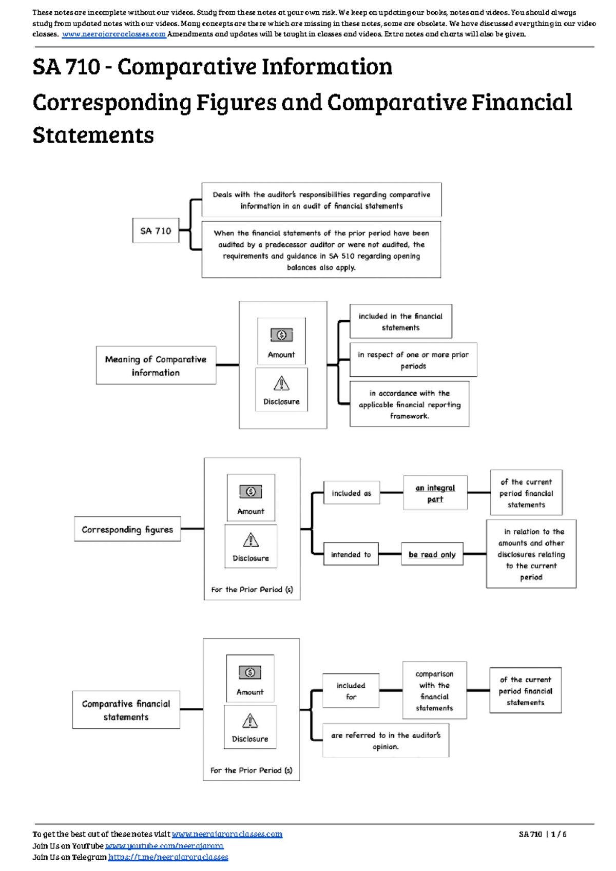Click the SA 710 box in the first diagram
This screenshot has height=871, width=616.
[x=156, y=230]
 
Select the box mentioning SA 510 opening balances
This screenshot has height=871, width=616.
[x=321, y=250]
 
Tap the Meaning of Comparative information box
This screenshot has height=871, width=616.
[x=156, y=365]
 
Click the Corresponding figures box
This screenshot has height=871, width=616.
[x=127, y=529]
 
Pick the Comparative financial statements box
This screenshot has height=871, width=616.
[x=126, y=710]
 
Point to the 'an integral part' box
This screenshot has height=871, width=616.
[x=435, y=493]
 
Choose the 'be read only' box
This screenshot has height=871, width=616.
[x=432, y=554]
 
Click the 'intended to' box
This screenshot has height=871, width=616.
[x=351, y=554]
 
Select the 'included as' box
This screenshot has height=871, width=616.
[x=351, y=493]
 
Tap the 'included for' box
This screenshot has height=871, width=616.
[x=351, y=691]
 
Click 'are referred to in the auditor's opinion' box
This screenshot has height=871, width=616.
[x=386, y=741]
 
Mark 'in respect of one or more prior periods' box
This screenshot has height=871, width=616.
[x=413, y=360]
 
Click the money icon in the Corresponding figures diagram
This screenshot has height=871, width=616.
[x=251, y=492]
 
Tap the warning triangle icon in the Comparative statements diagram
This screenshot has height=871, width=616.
[x=249, y=721]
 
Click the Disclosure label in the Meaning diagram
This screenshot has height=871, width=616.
[x=281, y=401]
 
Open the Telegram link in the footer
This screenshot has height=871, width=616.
[x=168, y=857]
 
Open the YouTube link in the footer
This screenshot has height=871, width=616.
[x=164, y=845]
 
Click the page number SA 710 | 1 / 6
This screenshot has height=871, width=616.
[x=542, y=834]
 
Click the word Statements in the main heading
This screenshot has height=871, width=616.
[x=93, y=135]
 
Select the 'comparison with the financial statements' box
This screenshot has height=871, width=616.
[x=434, y=690]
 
